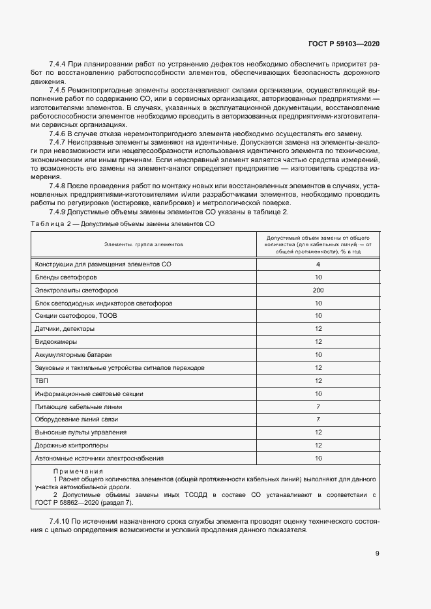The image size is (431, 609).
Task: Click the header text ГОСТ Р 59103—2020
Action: coord(344,44)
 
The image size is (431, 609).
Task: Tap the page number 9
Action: coord(378,554)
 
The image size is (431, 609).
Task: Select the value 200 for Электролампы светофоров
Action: coord(318,290)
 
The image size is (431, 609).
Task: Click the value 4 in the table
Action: coord(318,264)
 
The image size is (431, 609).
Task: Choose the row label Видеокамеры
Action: coord(55,341)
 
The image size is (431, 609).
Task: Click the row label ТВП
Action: coord(41,380)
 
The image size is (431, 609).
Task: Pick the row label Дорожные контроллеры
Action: coord(71,446)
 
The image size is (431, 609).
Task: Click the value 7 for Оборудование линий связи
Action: coord(318,419)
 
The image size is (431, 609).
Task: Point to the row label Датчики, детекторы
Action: coord(65,328)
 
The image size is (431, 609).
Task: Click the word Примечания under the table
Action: coord(78,471)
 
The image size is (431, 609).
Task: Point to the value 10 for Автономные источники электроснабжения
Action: coord(318,459)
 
